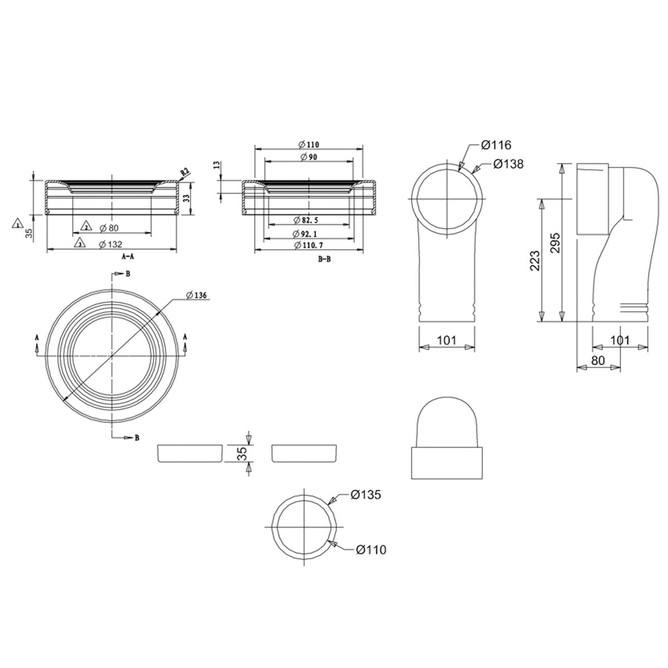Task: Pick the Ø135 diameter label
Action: (x=365, y=494)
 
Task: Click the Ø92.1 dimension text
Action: (x=310, y=234)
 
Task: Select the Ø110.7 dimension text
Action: (x=310, y=245)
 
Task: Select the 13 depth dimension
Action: (x=217, y=165)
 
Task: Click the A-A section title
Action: (x=127, y=257)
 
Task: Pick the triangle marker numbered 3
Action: (x=80, y=243)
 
